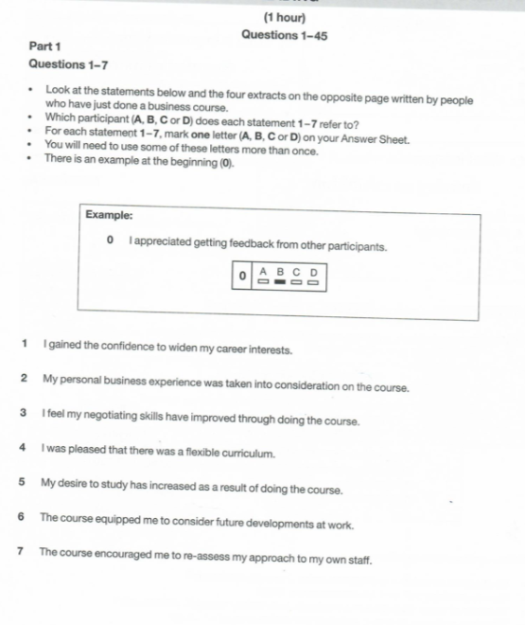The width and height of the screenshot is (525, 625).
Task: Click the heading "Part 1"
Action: click(x=44, y=45)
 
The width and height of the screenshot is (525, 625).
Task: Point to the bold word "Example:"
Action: click(x=108, y=215)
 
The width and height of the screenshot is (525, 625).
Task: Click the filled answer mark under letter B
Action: click(x=279, y=281)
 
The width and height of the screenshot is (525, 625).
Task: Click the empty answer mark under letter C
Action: click(x=296, y=281)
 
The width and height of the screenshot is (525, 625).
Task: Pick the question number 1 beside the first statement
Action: click(x=23, y=348)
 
